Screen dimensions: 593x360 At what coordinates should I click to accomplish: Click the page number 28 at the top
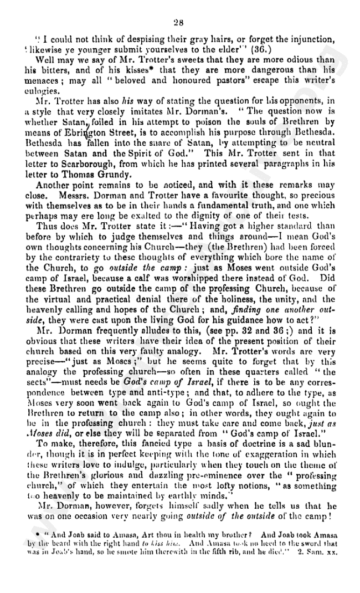(x=178, y=22)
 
